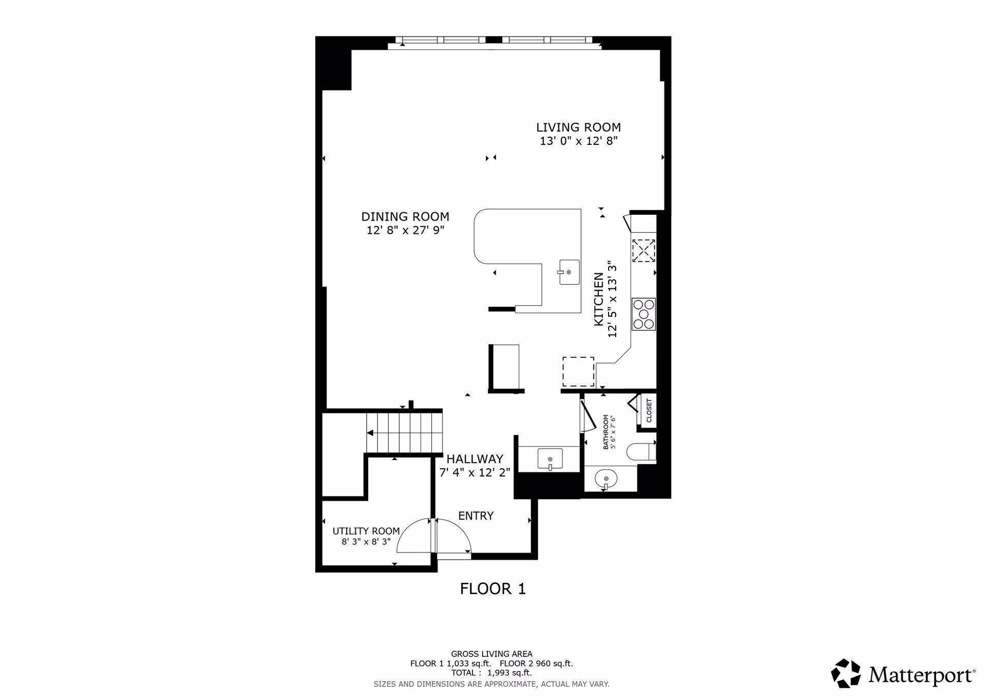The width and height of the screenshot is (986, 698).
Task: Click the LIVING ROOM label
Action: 578,127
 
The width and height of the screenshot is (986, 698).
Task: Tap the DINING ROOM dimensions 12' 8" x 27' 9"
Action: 405,230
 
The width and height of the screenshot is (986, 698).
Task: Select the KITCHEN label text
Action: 598,300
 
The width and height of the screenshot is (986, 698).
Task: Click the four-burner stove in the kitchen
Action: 643,314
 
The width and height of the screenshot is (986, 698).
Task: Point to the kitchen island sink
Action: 569,272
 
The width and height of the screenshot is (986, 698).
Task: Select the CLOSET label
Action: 649,411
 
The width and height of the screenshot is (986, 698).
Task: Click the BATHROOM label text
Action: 605,432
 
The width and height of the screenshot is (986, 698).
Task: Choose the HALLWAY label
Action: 475,459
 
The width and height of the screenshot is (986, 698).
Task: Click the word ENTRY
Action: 476,516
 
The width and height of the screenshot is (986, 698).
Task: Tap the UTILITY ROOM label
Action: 366,531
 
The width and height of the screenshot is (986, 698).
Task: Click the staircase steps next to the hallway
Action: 404,432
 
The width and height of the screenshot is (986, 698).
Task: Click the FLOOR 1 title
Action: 492,589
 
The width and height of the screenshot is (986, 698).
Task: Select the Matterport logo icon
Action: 845,673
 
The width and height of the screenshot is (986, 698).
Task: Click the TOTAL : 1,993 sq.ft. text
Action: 491,672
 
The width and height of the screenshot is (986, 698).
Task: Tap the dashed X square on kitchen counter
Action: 643,251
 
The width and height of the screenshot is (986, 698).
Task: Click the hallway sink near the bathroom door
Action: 549,458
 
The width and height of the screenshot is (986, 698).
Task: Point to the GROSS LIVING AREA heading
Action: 491,654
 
